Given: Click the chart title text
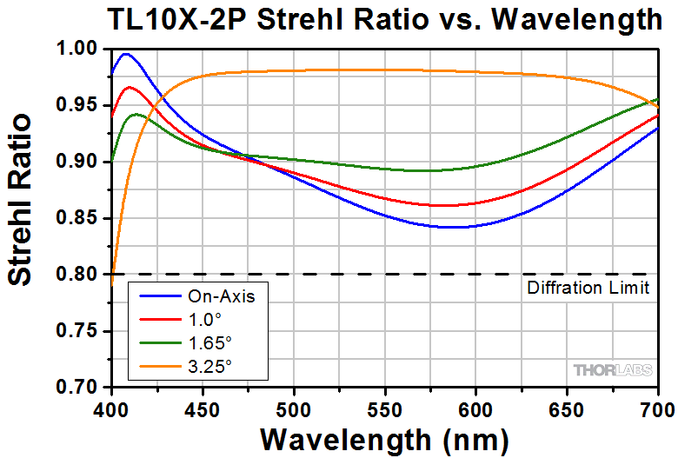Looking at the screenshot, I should point(384,18).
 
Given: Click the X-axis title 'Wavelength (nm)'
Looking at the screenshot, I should point(384,438).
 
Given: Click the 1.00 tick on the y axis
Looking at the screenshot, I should point(84,50).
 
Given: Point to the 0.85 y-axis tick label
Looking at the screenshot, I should point(84,218).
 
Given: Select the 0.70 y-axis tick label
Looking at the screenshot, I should point(84,388).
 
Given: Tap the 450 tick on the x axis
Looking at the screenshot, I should point(203,407).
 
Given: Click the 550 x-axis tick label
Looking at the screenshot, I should point(385,407).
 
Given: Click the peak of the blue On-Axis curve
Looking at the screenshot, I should point(127,54).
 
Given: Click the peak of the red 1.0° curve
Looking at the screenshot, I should point(130,87).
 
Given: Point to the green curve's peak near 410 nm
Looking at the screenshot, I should point(136,114).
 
